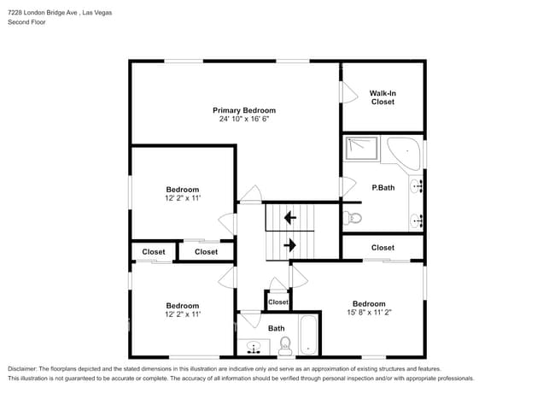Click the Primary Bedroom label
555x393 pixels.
click(244, 110)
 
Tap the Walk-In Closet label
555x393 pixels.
click(383, 97)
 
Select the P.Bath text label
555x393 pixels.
click(383, 188)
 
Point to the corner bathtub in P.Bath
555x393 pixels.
click(404, 153)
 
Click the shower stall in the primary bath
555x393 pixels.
click(361, 148)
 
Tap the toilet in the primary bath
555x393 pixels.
click(353, 218)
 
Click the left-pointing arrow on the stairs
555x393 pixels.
click(290, 217)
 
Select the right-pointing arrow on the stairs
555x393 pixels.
click(290, 245)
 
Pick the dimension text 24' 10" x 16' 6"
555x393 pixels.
click(244, 119)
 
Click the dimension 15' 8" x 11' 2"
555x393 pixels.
click(369, 313)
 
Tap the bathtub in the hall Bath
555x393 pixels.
click(308, 335)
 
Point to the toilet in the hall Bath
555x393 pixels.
click(285, 346)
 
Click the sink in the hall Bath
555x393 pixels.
click(254, 347)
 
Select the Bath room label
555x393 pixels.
click(276, 329)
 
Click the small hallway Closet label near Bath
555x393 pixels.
click(278, 302)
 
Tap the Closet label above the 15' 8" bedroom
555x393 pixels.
click(383, 248)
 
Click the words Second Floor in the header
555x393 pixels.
click(27, 22)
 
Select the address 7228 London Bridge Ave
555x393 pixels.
click(43, 13)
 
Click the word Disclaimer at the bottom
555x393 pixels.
click(22, 369)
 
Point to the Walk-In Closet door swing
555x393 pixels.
click(350, 93)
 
